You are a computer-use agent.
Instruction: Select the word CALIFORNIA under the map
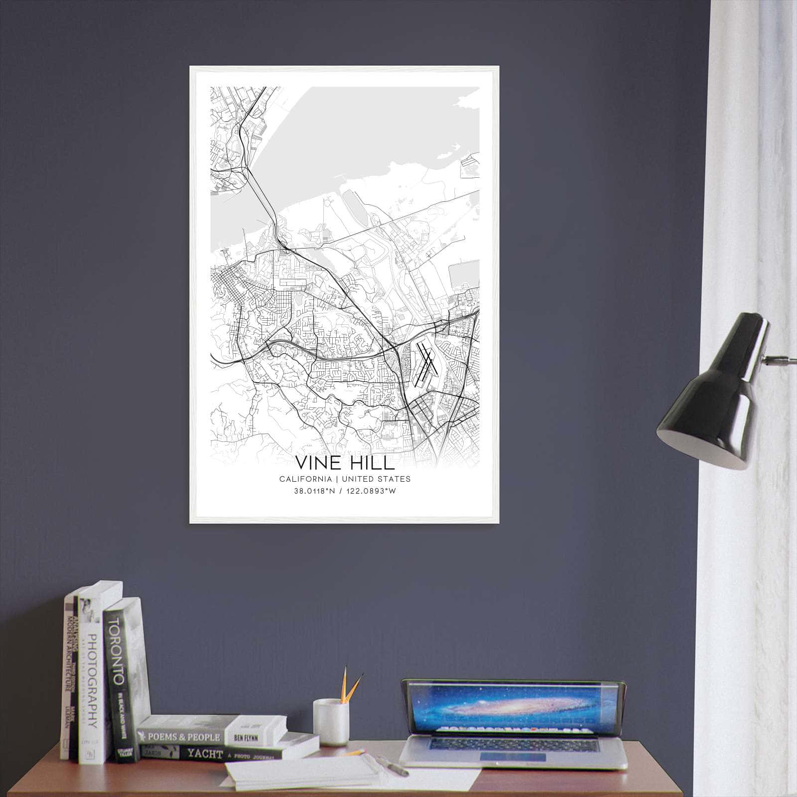click(x=305, y=479)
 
